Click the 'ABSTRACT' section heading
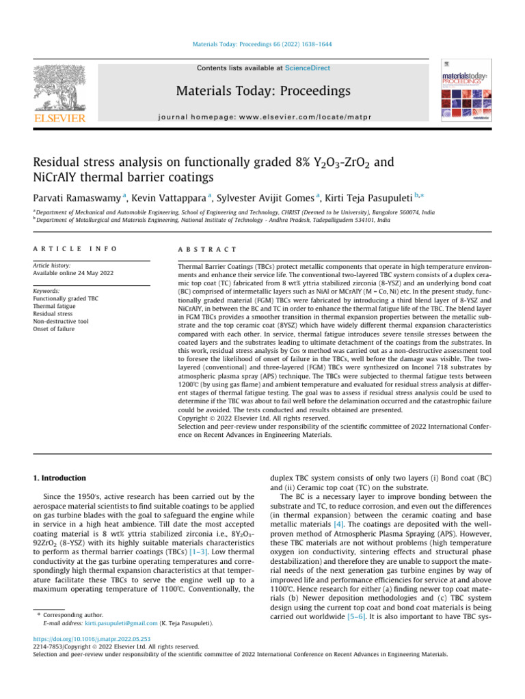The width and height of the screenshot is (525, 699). (207, 250)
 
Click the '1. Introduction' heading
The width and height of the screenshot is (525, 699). (62, 478)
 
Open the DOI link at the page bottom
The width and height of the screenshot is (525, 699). (84, 640)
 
